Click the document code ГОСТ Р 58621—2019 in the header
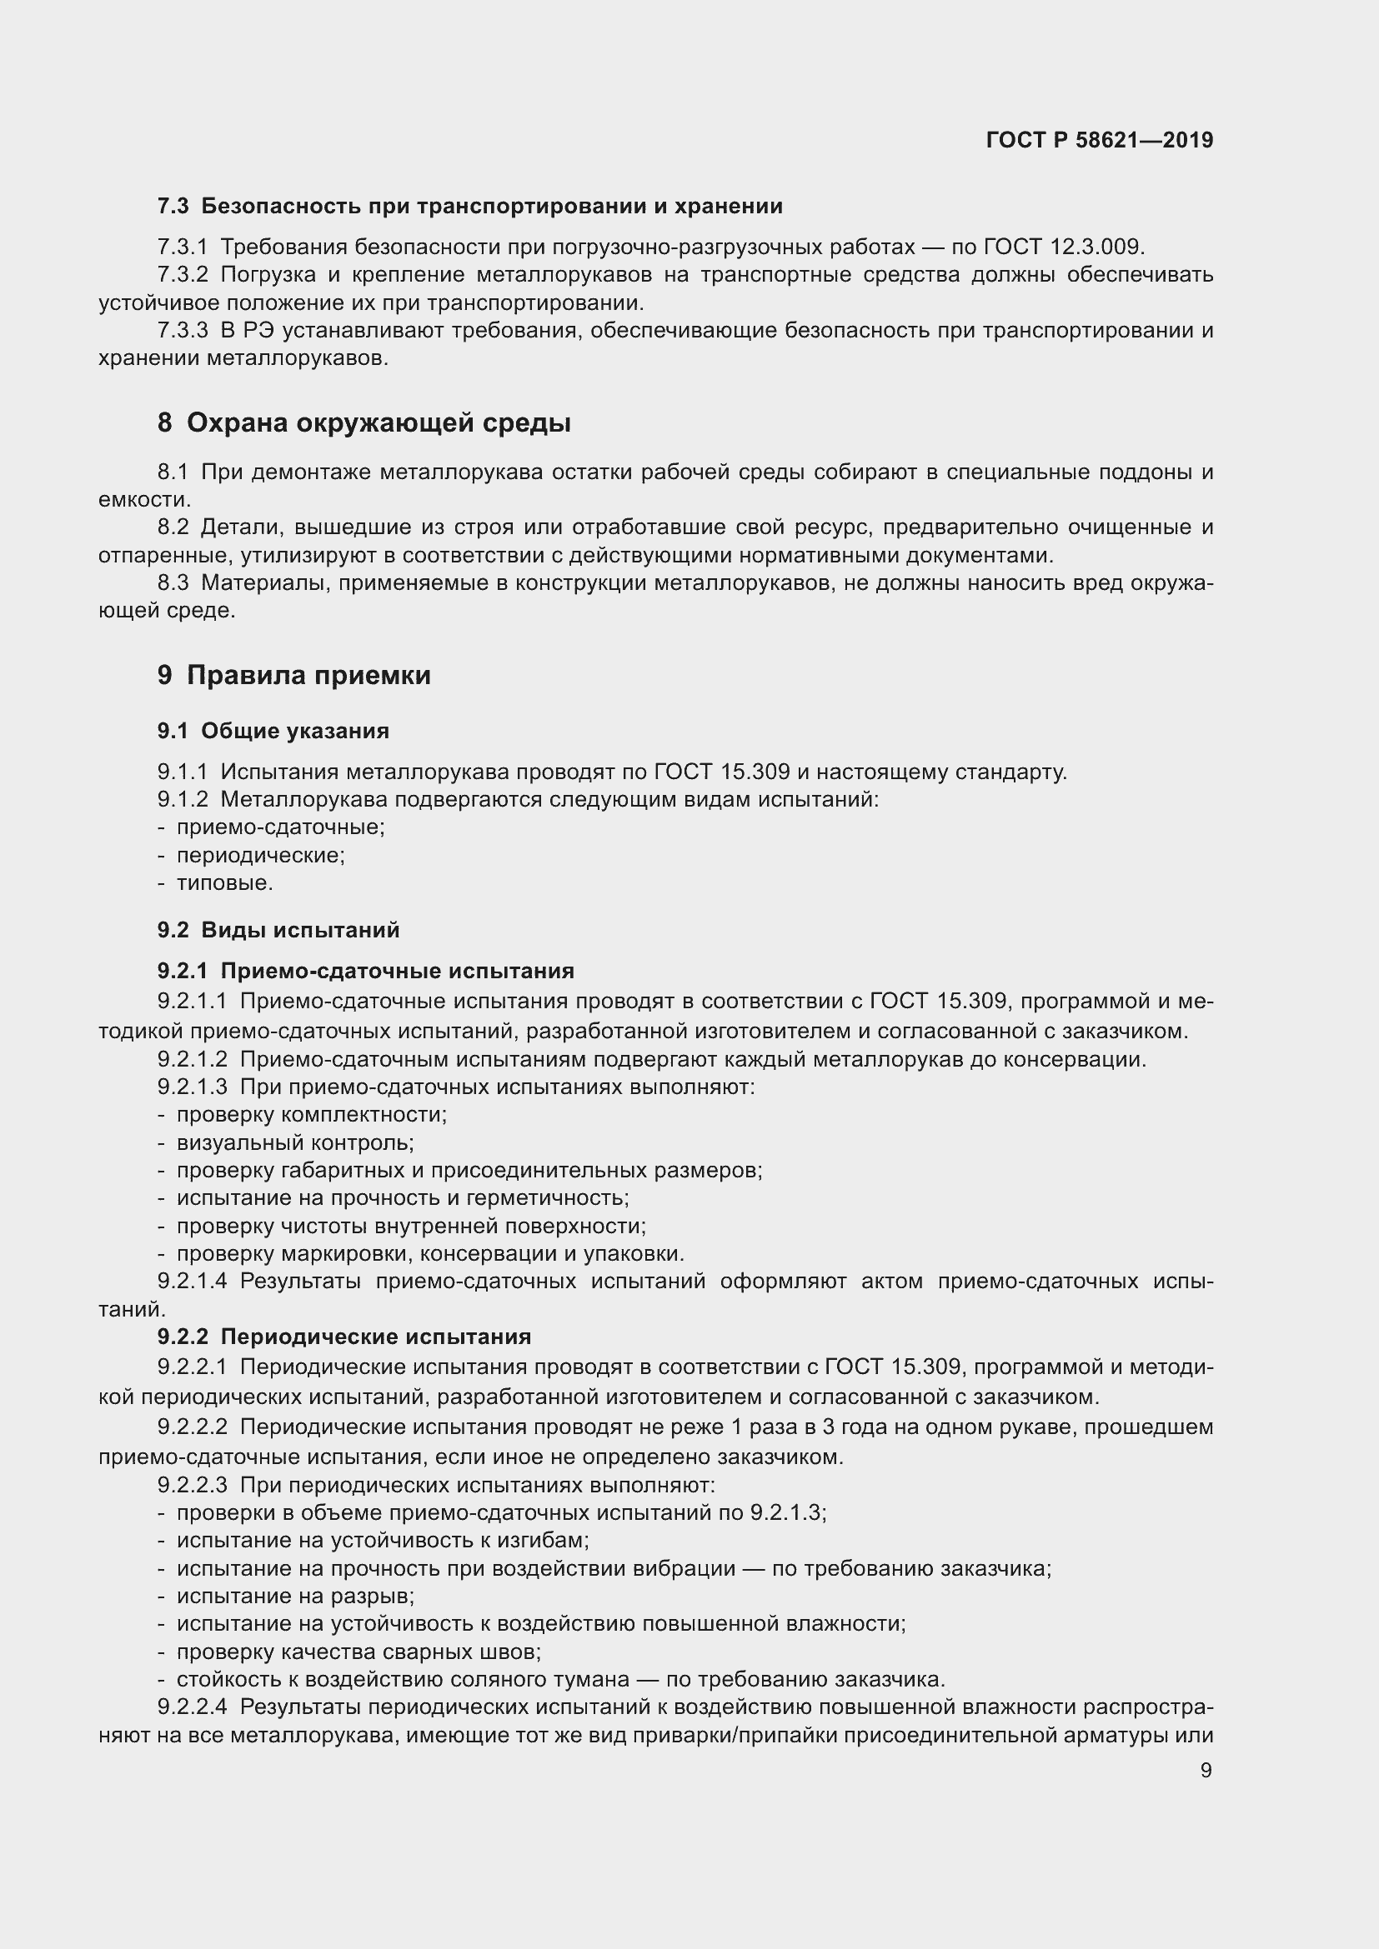[1100, 140]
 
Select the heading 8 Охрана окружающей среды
[364, 422]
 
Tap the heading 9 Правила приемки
[293, 675]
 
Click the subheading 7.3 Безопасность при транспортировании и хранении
[469, 207]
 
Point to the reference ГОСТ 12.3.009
[1063, 247]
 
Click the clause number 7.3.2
[183, 275]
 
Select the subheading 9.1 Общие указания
[273, 731]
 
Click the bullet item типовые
[224, 882]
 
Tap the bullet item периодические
[260, 855]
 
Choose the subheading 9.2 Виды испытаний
[278, 930]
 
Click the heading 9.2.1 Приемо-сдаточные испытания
[365, 970]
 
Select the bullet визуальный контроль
[294, 1142]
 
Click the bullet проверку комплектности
[311, 1115]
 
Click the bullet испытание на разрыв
[294, 1596]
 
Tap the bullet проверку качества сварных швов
[359, 1652]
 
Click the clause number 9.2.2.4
[192, 1707]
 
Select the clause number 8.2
[173, 527]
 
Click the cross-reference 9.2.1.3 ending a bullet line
[787, 1512]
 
